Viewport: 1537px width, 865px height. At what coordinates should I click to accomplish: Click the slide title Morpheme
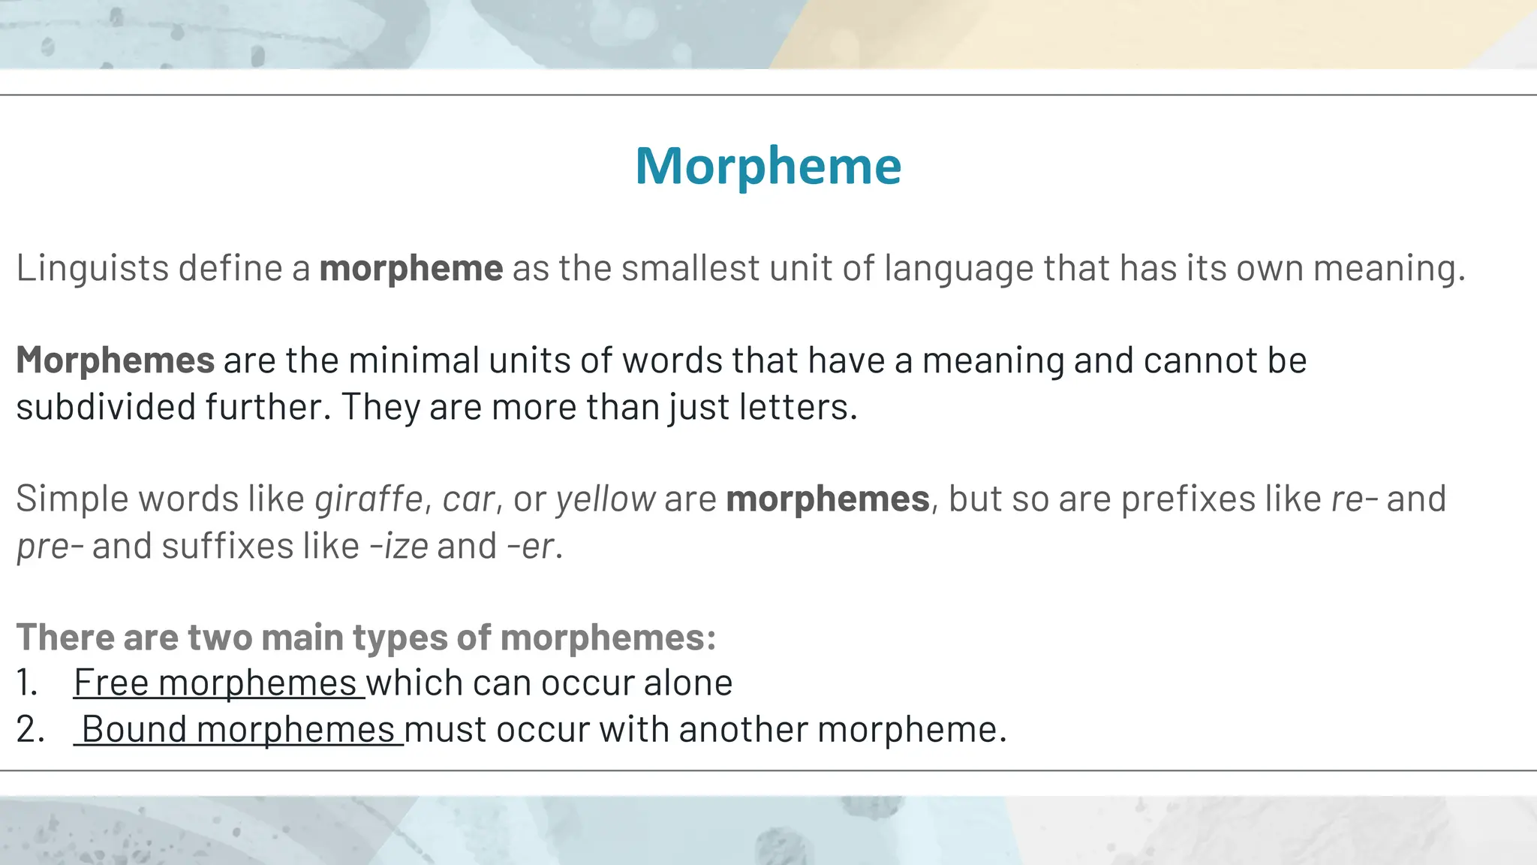768,166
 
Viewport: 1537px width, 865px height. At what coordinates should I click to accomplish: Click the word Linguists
92,268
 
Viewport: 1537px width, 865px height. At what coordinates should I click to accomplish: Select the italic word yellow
606,499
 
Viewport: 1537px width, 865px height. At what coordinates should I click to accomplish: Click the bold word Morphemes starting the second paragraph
116,360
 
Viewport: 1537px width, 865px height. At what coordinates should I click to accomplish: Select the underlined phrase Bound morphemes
238,729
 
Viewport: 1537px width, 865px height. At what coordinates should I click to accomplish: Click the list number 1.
26,683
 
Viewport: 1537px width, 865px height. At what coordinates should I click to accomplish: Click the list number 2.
29,729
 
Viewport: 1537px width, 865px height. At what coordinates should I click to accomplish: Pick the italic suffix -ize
399,546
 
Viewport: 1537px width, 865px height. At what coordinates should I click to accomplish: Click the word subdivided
106,407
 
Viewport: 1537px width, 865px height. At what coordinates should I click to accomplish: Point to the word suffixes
227,546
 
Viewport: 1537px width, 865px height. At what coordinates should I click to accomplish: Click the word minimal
414,360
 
